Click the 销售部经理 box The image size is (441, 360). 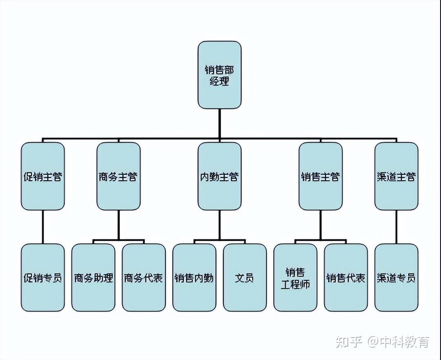tap(219, 75)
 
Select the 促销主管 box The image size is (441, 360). tap(43, 176)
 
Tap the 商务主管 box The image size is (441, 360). tap(118, 176)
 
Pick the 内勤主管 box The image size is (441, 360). tap(219, 176)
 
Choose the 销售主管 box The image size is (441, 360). tap(321, 176)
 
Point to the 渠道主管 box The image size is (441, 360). tap(396, 176)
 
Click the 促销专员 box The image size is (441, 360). tap(43, 278)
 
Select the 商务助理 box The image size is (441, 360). tap(93, 278)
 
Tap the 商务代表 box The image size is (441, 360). tap(144, 278)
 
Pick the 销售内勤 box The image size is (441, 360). tap(194, 278)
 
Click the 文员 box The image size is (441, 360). tap(245, 278)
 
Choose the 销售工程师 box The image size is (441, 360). tap(295, 278)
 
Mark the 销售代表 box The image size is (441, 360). tap(346, 278)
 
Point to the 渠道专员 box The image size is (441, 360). tap(396, 278)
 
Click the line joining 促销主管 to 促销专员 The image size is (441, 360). tap(43, 227)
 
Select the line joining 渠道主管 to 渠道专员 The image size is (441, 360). tap(396, 227)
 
